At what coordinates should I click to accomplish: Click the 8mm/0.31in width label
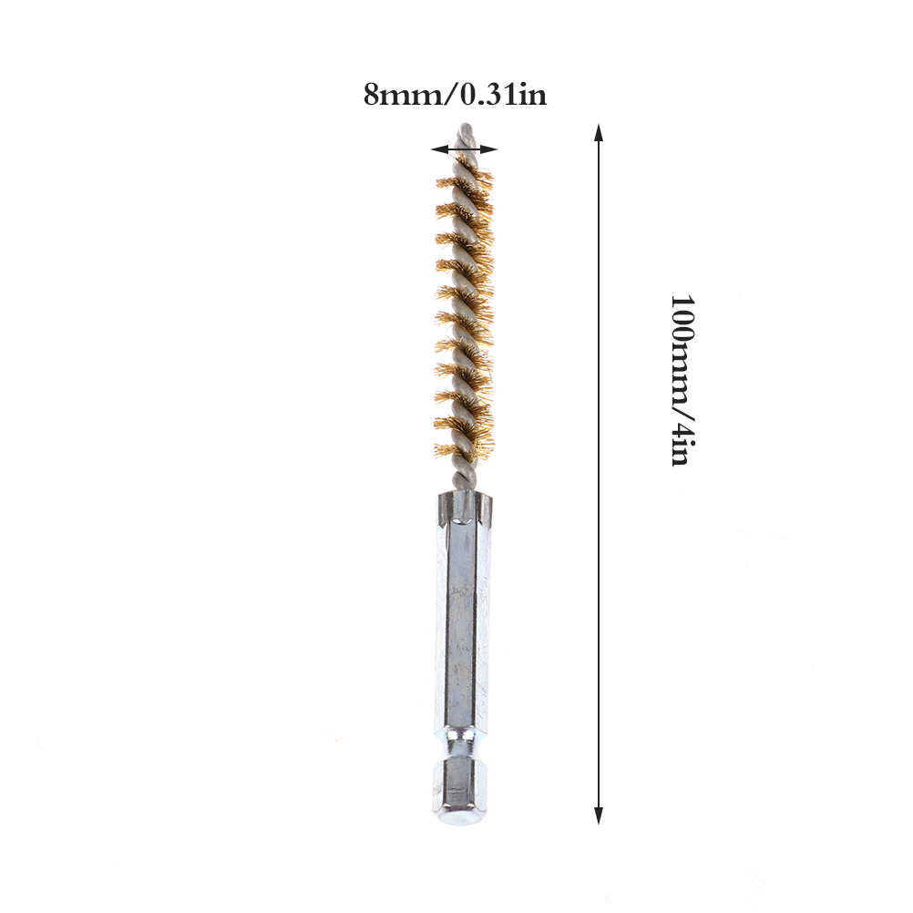tap(456, 95)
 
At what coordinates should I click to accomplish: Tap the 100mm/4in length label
tap(682, 380)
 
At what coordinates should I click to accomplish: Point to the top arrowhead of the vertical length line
tap(599, 133)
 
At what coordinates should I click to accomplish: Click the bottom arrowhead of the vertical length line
tap(599, 816)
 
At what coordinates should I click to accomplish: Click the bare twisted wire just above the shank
tap(464, 475)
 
